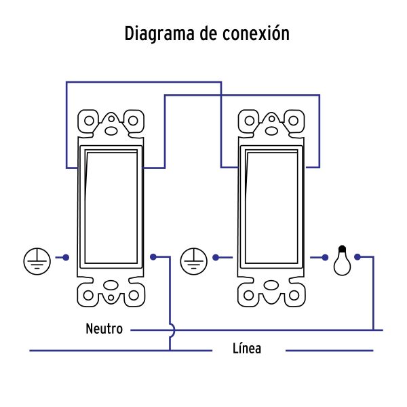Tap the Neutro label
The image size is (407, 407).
[x=104, y=330]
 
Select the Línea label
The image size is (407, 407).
[x=246, y=350]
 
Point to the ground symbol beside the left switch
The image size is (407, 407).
[x=38, y=259]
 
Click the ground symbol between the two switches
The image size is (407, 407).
[x=195, y=259]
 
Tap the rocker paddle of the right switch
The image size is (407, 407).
[x=271, y=206]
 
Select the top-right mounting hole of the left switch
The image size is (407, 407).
[x=134, y=121]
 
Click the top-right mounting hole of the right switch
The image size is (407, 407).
[x=294, y=121]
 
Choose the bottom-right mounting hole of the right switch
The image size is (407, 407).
[x=294, y=295]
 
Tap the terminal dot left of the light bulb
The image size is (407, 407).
[x=326, y=258]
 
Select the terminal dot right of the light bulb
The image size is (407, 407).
[x=357, y=258]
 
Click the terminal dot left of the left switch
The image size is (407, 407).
[x=66, y=258]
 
